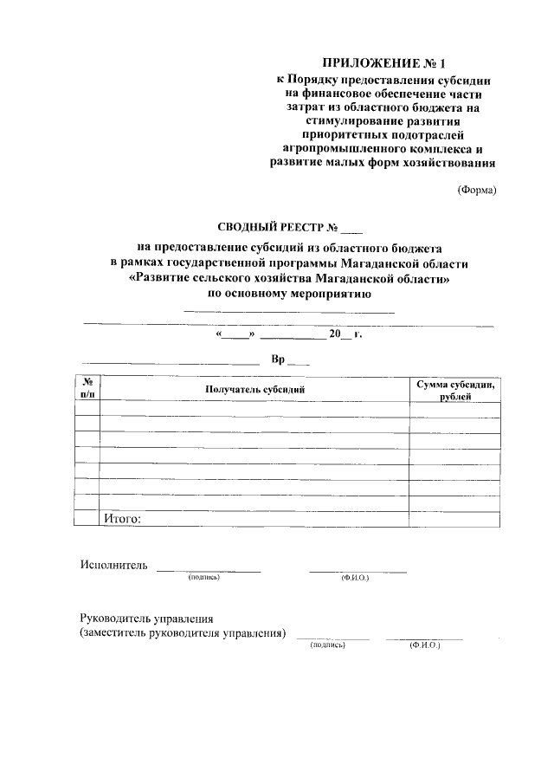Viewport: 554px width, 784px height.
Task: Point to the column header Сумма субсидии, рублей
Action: (454, 389)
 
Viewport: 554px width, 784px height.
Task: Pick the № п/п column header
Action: (87, 388)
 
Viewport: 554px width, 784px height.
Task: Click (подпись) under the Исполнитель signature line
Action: (203, 577)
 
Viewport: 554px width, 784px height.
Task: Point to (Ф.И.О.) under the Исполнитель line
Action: (355, 578)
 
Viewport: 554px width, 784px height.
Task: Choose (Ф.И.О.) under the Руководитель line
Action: (425, 645)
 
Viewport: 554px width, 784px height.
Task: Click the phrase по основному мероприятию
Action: (289, 295)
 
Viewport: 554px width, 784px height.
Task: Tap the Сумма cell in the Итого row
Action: (454, 518)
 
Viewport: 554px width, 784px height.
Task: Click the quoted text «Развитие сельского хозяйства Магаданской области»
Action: (289, 280)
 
